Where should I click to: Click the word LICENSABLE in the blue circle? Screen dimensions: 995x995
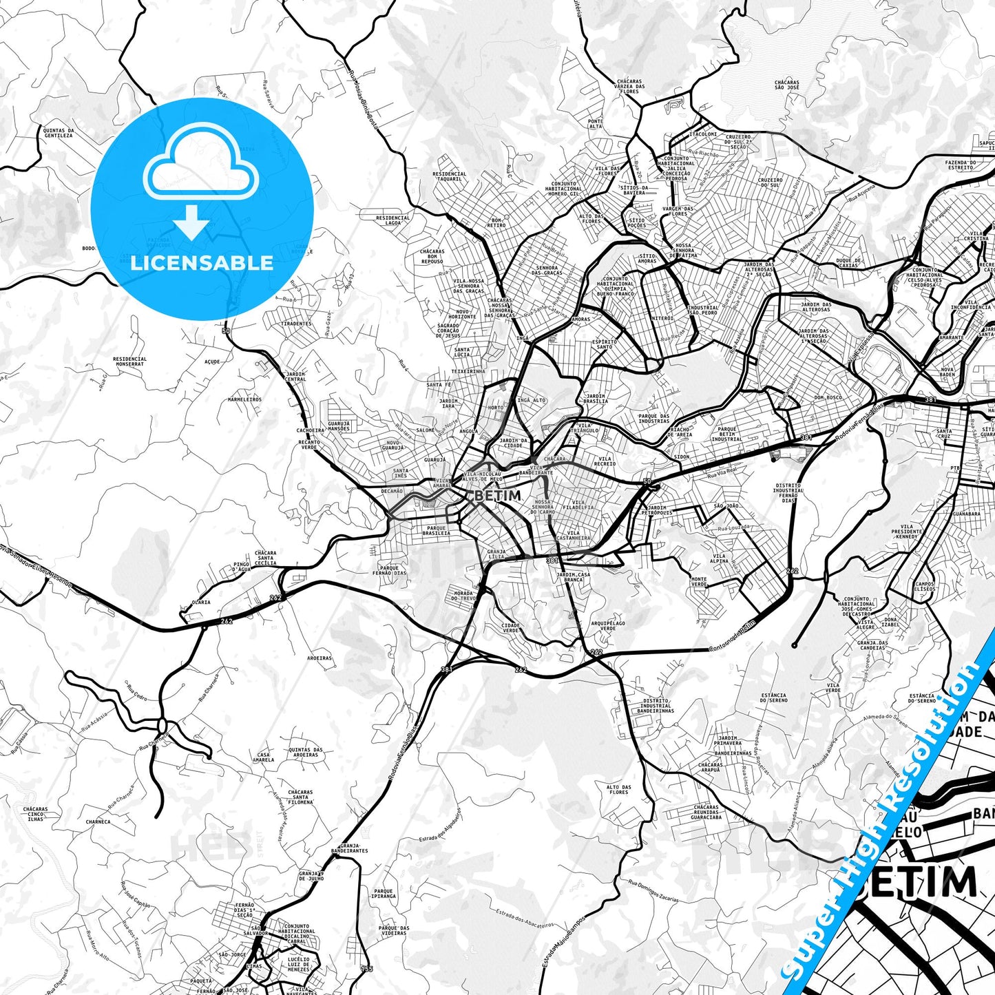(202, 263)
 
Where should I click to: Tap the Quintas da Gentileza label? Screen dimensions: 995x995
(58, 133)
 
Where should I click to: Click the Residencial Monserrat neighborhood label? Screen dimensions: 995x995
(129, 361)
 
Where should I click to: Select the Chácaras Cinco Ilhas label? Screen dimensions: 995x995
(36, 814)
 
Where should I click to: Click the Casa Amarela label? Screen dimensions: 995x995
(264, 757)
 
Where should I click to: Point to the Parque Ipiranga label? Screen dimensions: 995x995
(384, 894)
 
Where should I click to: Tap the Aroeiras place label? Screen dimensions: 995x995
(320, 658)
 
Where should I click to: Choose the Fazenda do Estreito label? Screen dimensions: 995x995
(969, 165)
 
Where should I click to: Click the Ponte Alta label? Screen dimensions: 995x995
(596, 124)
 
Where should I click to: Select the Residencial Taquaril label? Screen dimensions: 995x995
(450, 176)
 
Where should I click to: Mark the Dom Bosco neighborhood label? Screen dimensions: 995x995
(828, 397)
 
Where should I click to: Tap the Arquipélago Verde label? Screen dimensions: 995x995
(603, 625)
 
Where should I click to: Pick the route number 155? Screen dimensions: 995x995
(366, 969)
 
